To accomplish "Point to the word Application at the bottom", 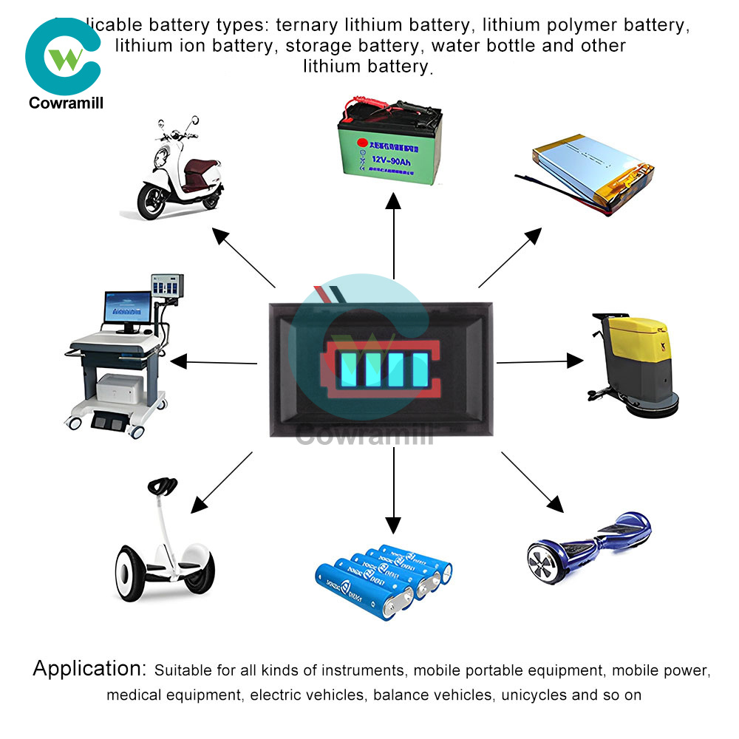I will [89, 670].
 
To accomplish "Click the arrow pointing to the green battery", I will [394, 236].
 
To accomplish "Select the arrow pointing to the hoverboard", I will [532, 481].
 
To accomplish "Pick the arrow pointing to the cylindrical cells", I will [393, 491].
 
